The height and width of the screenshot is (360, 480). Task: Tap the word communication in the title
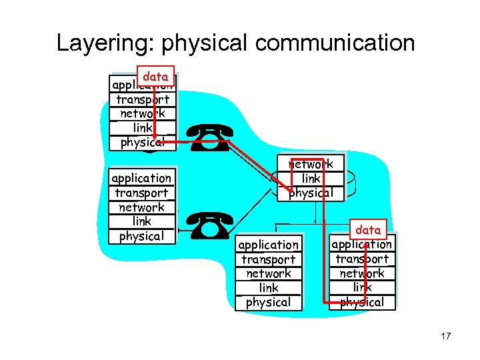(x=335, y=43)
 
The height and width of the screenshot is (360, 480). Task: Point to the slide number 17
(x=445, y=336)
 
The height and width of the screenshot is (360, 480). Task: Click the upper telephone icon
(x=210, y=137)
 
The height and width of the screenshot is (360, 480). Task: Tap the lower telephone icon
(x=210, y=226)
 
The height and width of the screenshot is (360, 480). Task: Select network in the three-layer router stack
(x=311, y=164)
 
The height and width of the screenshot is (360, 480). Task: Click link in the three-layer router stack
(x=311, y=179)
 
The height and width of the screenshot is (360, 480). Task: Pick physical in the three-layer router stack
(x=311, y=193)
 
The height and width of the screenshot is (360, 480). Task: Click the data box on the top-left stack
(x=155, y=77)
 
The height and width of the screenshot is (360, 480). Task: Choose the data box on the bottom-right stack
(x=368, y=230)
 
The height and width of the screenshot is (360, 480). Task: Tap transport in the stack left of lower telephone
(x=141, y=193)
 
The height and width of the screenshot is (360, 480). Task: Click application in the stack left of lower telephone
(x=141, y=178)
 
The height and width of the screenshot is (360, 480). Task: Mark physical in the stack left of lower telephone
(x=141, y=236)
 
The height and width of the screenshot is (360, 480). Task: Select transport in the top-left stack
(x=143, y=99)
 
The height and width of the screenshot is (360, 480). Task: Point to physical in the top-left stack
(x=143, y=142)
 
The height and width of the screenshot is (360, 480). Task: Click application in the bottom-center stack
(x=269, y=245)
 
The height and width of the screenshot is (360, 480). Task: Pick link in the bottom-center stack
(x=269, y=288)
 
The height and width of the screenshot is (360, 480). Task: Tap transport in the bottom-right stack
(x=362, y=259)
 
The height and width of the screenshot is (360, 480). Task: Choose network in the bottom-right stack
(x=362, y=273)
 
